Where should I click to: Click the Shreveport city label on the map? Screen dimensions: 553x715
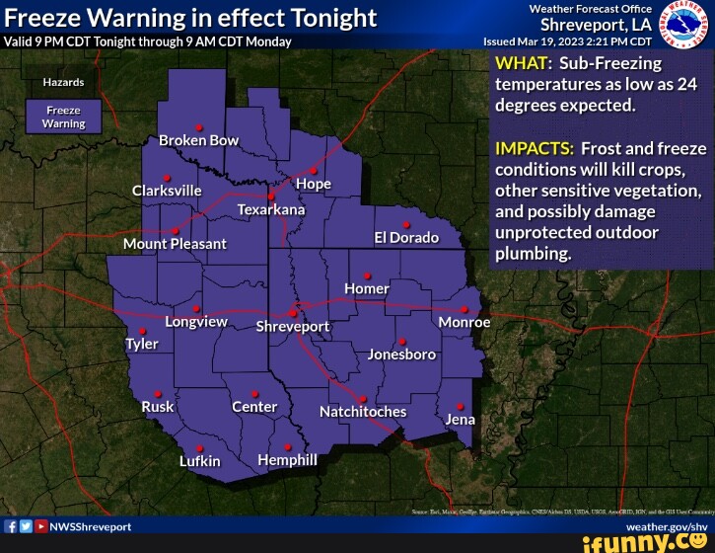click(x=293, y=327)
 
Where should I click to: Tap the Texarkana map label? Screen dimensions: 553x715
click(x=271, y=210)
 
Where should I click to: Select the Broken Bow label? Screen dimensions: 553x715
click(x=198, y=140)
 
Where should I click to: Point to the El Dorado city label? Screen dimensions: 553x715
click(x=405, y=238)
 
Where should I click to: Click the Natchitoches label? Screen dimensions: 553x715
click(x=363, y=411)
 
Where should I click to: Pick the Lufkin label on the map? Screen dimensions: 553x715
click(x=200, y=461)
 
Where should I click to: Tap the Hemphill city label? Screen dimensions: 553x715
click(x=287, y=460)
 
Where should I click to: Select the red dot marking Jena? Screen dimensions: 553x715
click(x=460, y=406)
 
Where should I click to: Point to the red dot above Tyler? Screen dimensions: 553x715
click(x=142, y=331)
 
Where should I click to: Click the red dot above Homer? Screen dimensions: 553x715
click(x=367, y=276)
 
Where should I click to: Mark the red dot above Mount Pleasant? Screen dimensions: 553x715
click(x=175, y=231)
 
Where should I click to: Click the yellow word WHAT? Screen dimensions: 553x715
click(x=518, y=65)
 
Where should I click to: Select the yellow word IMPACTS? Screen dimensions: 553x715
click(x=535, y=148)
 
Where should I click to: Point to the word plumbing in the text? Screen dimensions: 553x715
click(x=533, y=253)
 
